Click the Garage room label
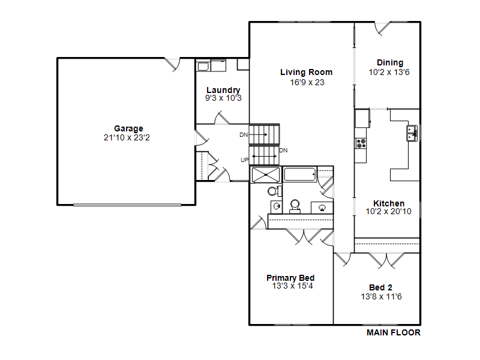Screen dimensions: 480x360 tap(128, 129)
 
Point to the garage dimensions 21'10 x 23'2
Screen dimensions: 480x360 tap(127, 138)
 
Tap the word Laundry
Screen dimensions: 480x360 tap(223, 91)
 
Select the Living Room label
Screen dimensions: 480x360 tap(306, 72)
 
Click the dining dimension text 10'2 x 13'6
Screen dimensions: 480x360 tap(389, 72)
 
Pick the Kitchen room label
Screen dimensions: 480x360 tap(389, 203)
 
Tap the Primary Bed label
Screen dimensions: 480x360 tap(290, 278)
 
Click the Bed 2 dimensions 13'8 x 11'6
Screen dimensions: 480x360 tap(381, 296)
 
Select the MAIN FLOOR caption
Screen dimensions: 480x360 tap(394, 332)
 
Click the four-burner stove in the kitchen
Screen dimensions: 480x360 tap(361, 143)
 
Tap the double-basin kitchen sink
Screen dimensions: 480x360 tap(412, 133)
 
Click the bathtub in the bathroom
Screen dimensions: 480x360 tap(300, 175)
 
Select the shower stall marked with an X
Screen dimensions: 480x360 tap(265, 175)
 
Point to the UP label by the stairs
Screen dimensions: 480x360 tap(244, 160)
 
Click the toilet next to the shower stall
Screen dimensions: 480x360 tap(275, 191)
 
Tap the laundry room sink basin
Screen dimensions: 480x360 tap(203, 67)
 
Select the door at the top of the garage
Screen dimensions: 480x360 tap(172, 64)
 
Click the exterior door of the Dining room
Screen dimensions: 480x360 tap(383, 28)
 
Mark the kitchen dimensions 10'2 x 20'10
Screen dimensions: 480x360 tap(388, 212)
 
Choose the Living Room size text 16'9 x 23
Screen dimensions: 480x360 tap(307, 82)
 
